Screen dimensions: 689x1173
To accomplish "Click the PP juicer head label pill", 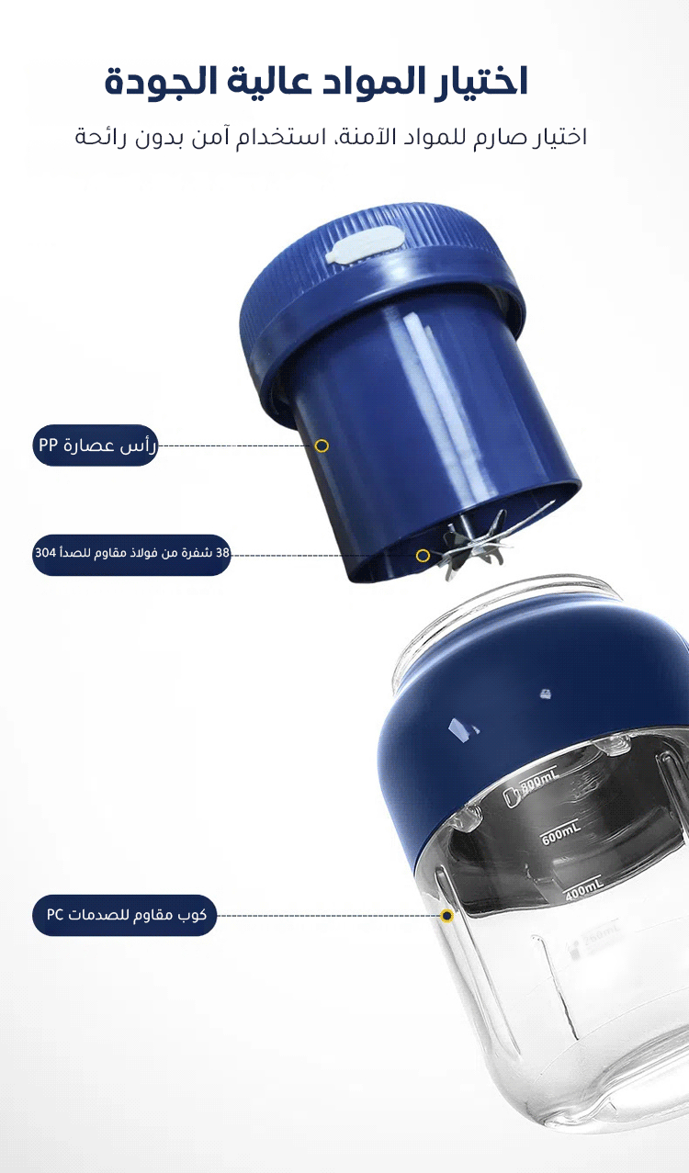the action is tap(96, 446).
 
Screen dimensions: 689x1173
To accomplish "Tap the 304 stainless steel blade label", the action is tap(131, 555).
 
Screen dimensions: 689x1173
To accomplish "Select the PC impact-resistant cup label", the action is tap(125, 915).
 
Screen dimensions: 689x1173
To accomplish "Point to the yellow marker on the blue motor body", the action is tap(322, 446).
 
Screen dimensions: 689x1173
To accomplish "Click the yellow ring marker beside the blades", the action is tap(423, 556).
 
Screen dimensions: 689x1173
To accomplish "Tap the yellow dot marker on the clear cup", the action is tap(446, 916).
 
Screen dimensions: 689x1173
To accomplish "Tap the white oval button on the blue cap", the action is tap(365, 244).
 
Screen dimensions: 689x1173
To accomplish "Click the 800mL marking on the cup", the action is tap(538, 783).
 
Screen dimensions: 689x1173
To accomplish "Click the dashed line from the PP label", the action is tap(236, 446).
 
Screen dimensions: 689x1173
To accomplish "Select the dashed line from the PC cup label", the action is tap(328, 916).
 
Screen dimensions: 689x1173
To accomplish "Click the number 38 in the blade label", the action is tap(222, 553).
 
